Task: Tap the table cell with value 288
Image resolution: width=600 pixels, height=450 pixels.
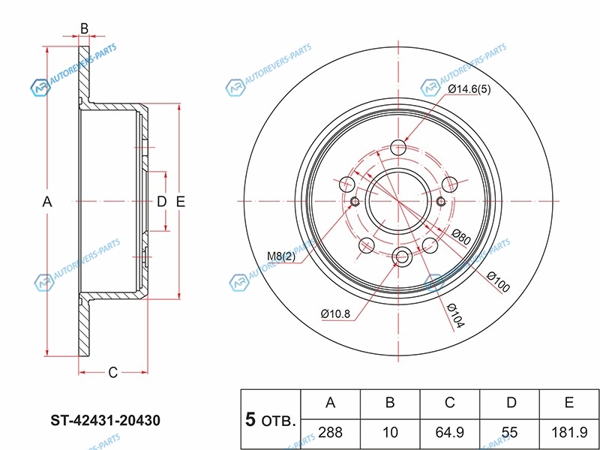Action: point(330,431)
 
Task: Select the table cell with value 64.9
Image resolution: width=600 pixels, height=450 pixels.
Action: point(450,431)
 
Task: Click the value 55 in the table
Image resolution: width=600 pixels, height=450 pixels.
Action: point(510,431)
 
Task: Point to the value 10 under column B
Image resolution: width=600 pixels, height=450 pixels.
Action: point(390,431)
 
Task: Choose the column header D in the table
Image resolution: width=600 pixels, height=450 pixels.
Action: point(510,403)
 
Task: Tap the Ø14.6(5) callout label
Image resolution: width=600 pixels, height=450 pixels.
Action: point(470,89)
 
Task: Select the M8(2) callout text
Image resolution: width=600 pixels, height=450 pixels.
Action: point(281,258)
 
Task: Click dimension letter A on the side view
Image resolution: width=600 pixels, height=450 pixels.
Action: point(46,202)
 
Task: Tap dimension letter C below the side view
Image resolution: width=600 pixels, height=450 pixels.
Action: point(112,372)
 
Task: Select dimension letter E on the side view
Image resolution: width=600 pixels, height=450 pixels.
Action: point(180,202)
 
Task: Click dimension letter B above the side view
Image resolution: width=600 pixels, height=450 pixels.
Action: point(84,28)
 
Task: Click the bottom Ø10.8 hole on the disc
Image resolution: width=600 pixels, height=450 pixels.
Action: point(401,258)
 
